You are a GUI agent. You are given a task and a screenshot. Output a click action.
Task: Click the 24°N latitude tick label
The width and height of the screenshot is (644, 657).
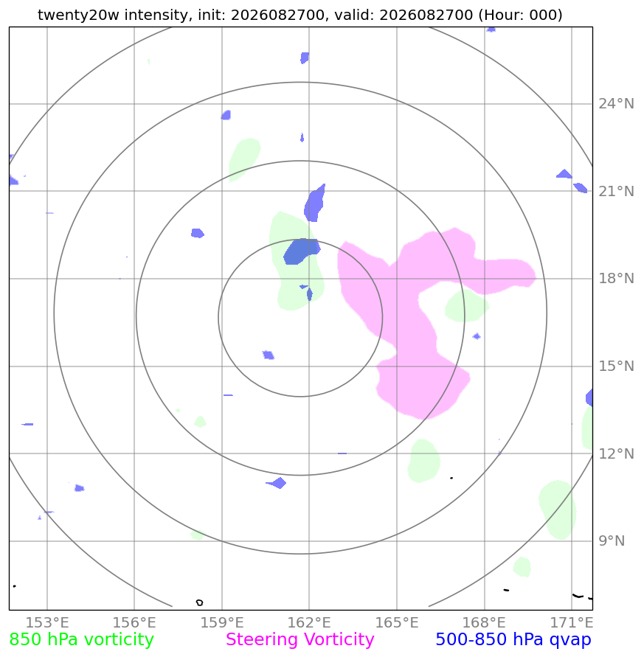pos(616,103)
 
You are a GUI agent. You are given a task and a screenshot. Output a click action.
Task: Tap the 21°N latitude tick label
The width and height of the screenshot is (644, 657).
pos(616,191)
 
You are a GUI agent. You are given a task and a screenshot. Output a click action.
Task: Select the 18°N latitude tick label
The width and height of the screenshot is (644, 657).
pos(616,278)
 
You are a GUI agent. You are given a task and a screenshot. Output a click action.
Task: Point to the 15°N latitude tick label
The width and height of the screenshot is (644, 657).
pos(616,366)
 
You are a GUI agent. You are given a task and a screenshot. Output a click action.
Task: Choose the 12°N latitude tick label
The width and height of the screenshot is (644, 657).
pos(616,453)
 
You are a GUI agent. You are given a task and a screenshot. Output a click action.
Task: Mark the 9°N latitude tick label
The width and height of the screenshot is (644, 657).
pos(612,541)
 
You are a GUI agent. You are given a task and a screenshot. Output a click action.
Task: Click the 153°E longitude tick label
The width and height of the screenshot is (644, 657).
pos(47,622)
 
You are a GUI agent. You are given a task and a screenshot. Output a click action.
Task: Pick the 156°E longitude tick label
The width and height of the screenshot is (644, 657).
pos(134,622)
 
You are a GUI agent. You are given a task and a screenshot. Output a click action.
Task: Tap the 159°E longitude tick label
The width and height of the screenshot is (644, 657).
pos(222,622)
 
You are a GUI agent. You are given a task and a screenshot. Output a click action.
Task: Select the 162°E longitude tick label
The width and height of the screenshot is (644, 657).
pos(309,622)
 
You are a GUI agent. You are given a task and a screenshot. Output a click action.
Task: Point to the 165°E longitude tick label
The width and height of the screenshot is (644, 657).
pos(397,622)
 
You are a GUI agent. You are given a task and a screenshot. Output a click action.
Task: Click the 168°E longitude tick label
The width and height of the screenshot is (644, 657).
pos(484,622)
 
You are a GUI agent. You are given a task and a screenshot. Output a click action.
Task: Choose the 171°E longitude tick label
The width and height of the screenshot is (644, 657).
pos(572,622)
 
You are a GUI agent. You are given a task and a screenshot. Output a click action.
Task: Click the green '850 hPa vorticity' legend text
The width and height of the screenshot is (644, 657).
pos(81,640)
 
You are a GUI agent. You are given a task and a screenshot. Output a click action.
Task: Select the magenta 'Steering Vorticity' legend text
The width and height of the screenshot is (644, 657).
pos(300,639)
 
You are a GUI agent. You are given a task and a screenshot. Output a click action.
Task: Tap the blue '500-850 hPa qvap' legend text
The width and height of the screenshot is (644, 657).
pos(513,640)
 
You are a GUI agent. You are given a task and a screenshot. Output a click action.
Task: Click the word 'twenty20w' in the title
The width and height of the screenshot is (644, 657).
pos(78,15)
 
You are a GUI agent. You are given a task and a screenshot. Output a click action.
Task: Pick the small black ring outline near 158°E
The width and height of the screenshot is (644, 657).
pos(200,602)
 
